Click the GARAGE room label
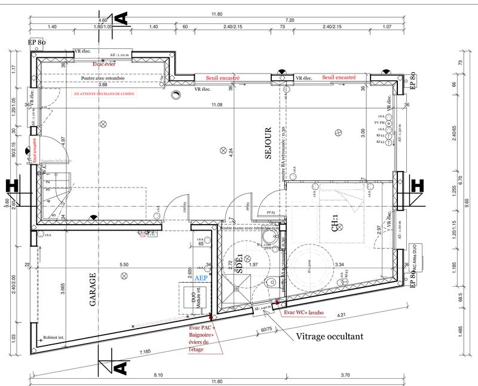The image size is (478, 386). (93, 291)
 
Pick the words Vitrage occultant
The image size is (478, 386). (329, 336)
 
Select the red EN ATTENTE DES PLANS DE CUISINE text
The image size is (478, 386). (105, 94)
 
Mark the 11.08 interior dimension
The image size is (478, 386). (216, 105)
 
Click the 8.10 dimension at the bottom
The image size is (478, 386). (158, 375)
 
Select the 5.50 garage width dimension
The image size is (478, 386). (124, 264)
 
